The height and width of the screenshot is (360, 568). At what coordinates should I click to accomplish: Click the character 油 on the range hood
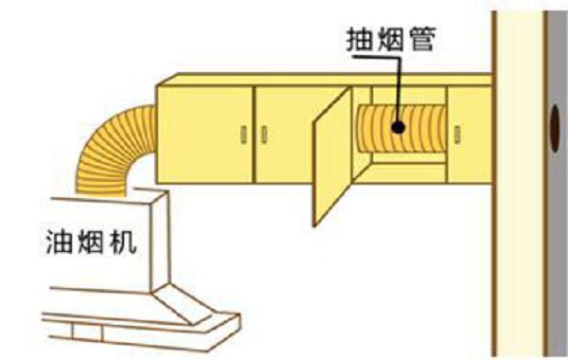coord(57,242)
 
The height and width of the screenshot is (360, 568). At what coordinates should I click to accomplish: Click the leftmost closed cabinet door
coord(206,133)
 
